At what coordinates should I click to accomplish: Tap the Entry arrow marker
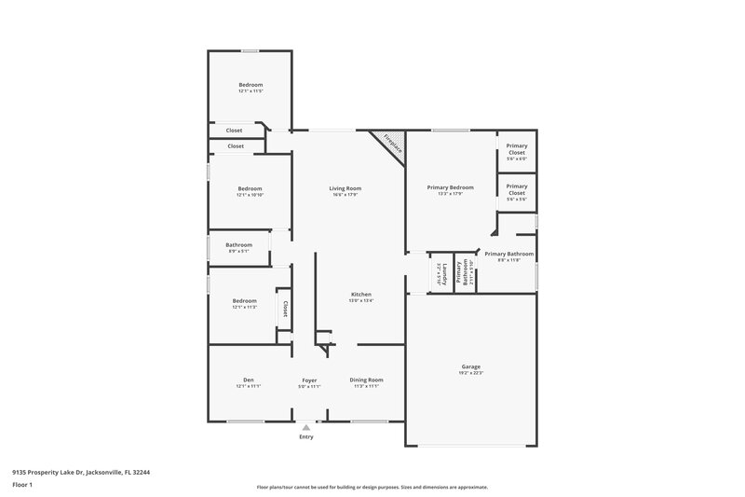[x=306, y=426]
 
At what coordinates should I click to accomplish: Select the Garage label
[x=471, y=366]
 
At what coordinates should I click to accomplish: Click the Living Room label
[x=345, y=188]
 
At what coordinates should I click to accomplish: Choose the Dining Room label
[x=366, y=380]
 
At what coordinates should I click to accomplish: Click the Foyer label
[x=308, y=380]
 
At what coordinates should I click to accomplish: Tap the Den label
[x=249, y=380]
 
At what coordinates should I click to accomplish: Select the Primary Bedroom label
[x=451, y=187]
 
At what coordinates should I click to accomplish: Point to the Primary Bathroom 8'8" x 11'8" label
[x=508, y=254]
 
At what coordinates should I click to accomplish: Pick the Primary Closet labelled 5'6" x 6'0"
[x=516, y=148]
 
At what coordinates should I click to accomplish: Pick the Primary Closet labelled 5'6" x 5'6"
[x=516, y=190]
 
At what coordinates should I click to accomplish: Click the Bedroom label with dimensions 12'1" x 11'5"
[x=251, y=85]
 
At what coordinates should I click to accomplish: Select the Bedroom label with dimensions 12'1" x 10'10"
[x=250, y=188]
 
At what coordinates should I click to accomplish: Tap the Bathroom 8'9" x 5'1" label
[x=238, y=245]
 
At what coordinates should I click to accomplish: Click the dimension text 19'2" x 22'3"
[x=471, y=373]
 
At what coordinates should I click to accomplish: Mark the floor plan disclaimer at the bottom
[x=372, y=487]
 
